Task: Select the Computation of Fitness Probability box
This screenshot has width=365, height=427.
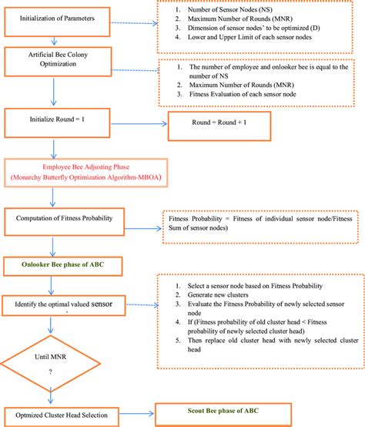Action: click(68, 220)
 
